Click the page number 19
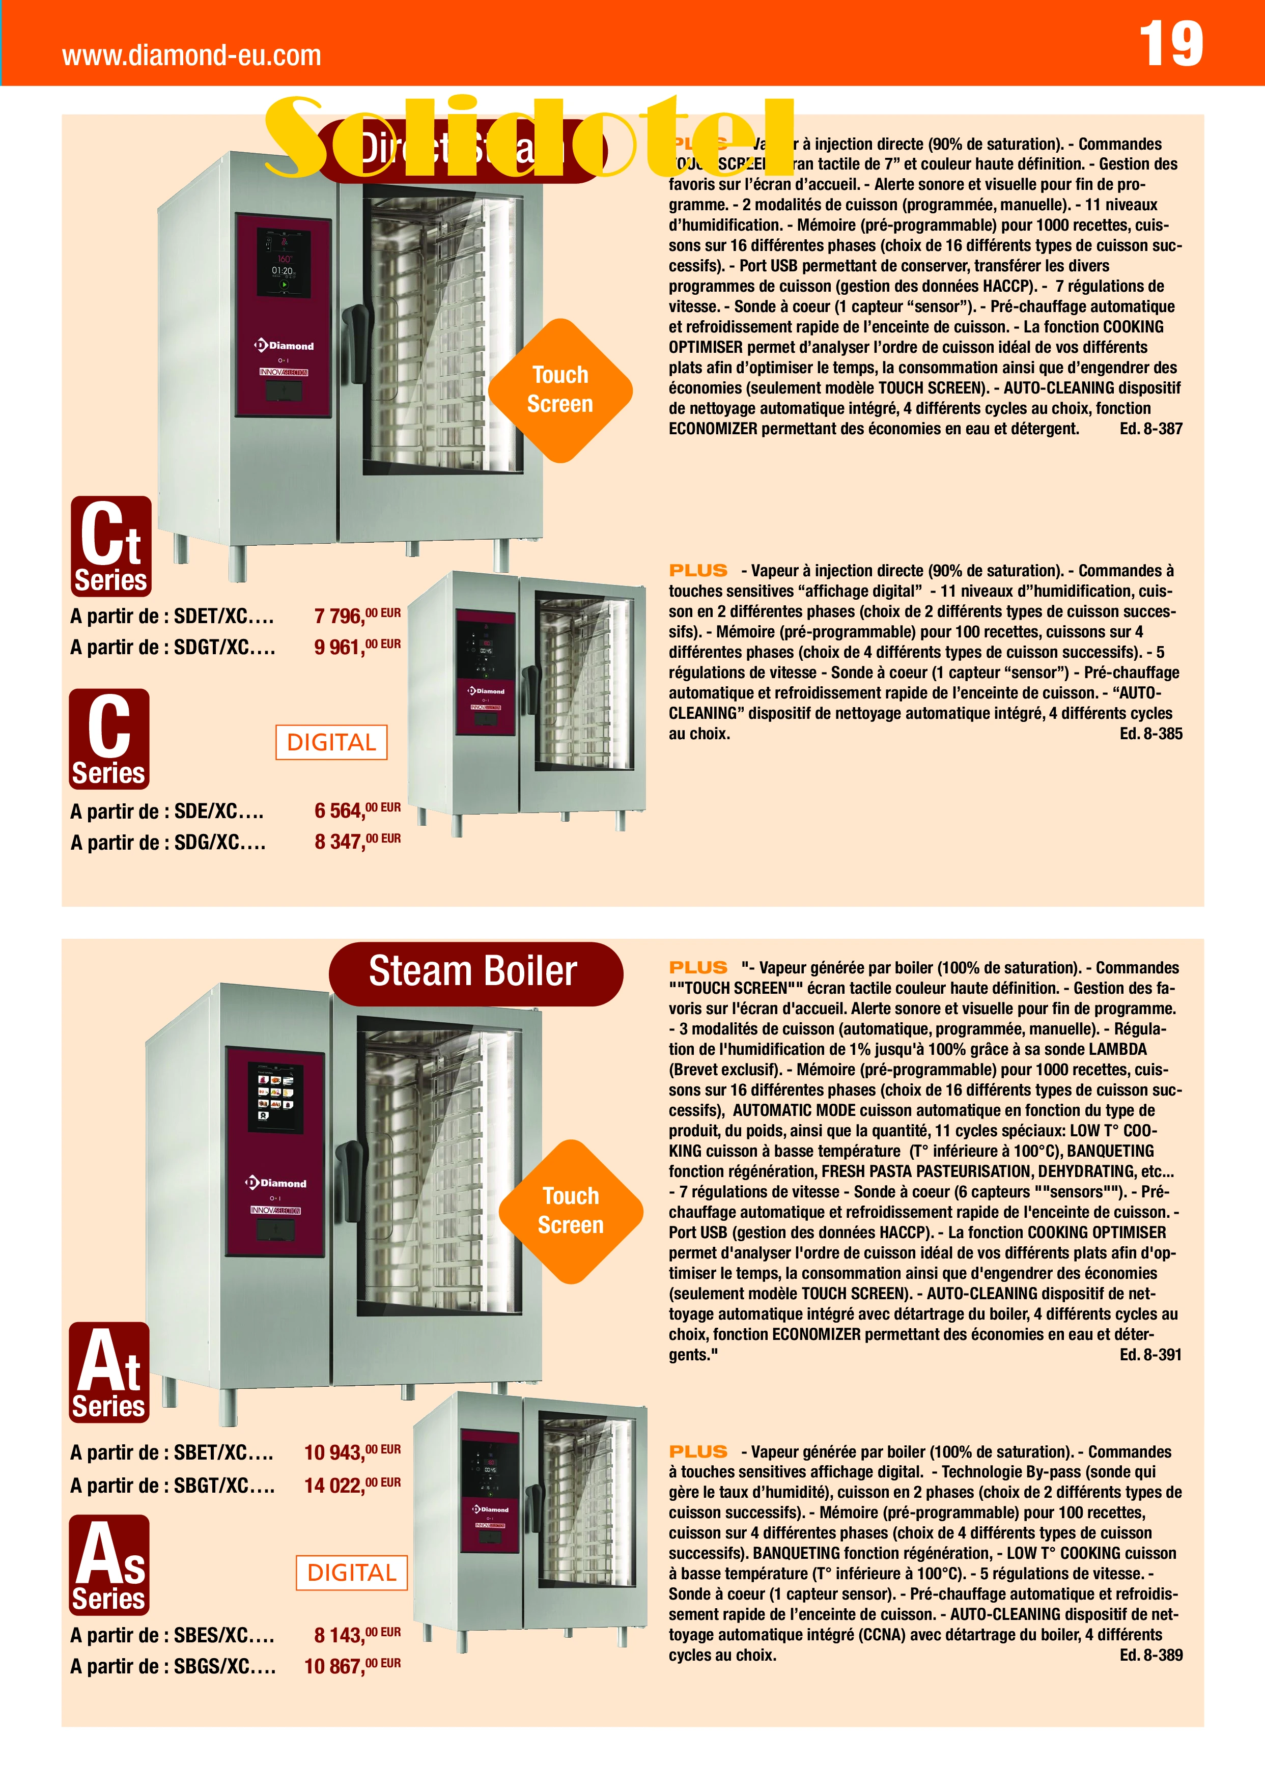click(1171, 44)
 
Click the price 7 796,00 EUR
click(356, 615)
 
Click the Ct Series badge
click(111, 546)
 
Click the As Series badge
click(109, 1565)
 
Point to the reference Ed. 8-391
click(1150, 1354)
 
